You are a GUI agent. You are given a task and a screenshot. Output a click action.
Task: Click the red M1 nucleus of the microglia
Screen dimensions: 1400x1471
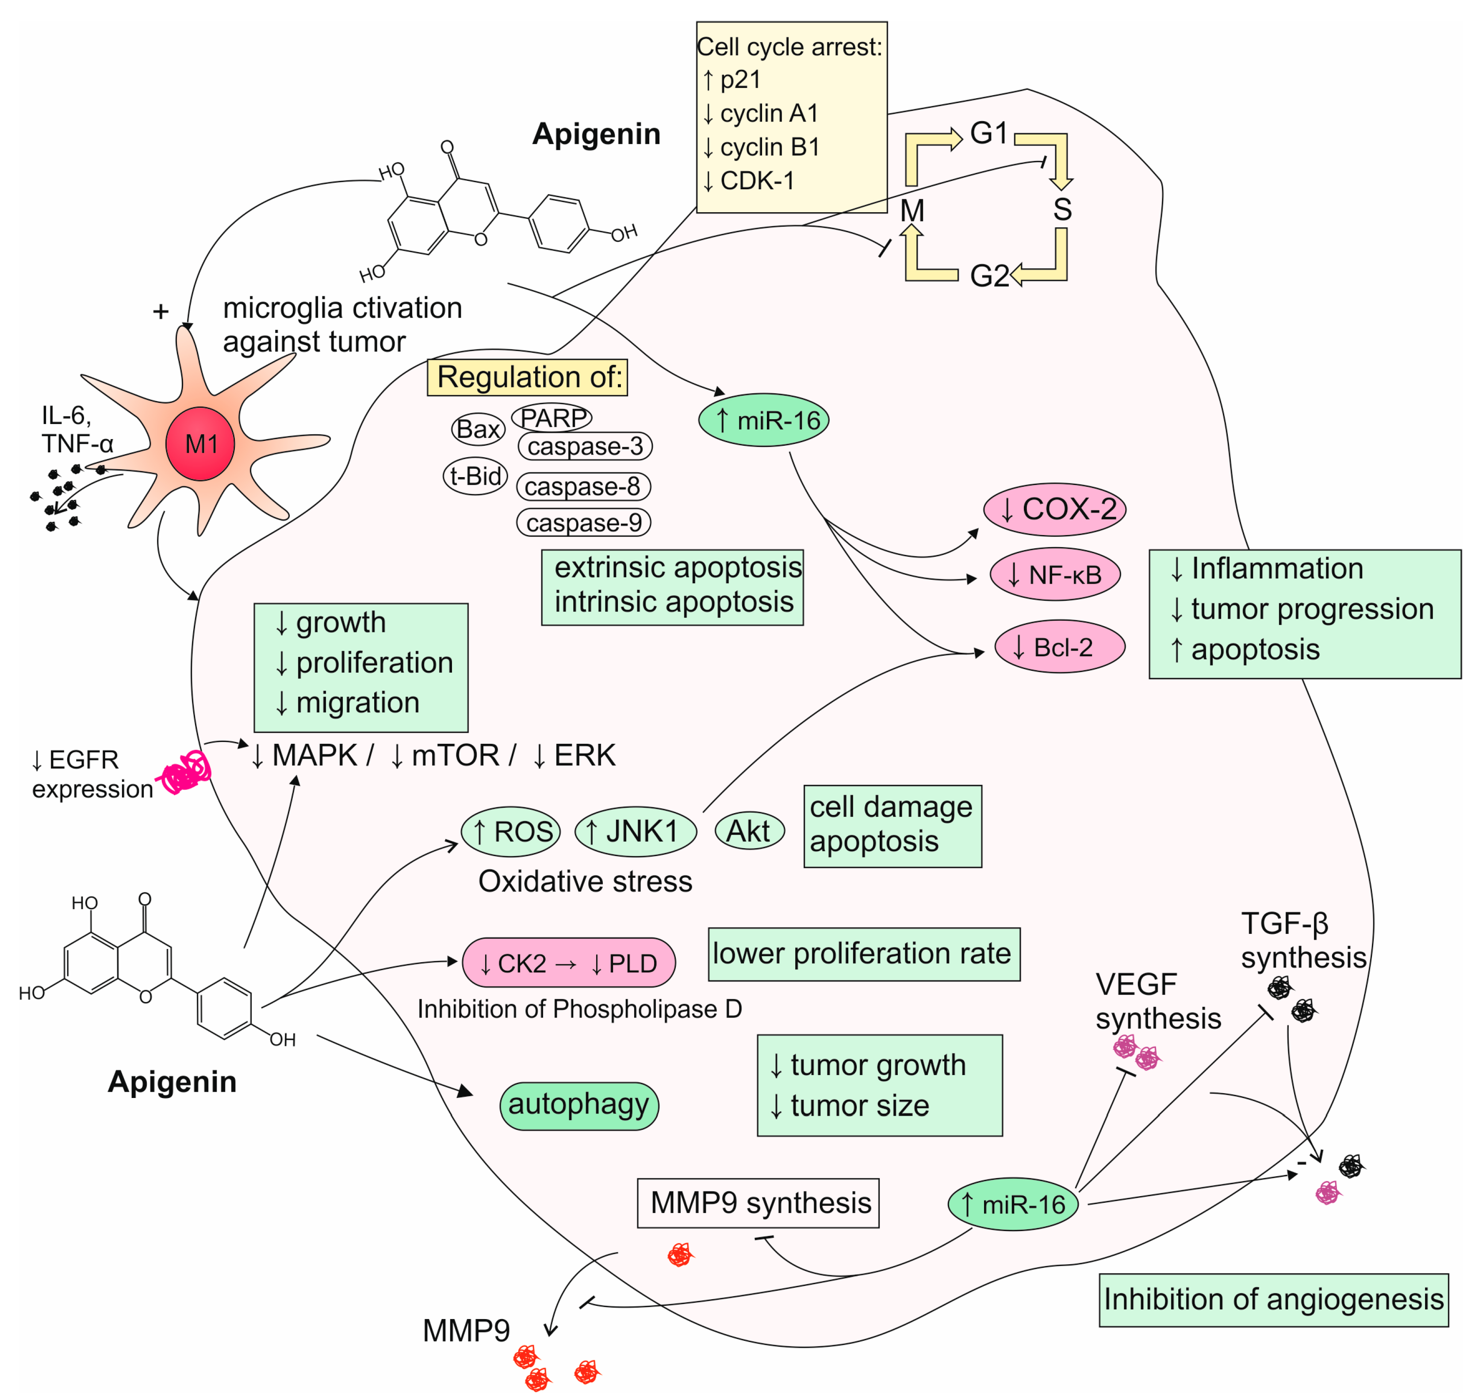(200, 444)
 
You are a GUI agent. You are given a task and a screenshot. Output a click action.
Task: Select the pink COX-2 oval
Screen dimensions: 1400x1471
(1054, 510)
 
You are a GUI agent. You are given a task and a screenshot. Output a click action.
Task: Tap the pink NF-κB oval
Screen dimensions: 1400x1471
(1054, 574)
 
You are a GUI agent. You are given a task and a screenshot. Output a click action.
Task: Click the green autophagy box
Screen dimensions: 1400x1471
(578, 1105)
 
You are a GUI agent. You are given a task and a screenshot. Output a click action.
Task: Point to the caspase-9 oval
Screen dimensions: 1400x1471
(584, 522)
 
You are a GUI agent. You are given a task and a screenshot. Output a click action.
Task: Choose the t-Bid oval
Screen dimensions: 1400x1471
(475, 476)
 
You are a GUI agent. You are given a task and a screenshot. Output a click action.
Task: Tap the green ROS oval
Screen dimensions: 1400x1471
(511, 831)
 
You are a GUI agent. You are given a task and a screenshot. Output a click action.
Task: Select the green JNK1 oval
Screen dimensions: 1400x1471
(635, 830)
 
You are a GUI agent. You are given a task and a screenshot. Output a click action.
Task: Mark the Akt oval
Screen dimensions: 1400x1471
(749, 830)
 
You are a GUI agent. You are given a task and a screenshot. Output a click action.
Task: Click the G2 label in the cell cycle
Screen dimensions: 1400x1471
(988, 276)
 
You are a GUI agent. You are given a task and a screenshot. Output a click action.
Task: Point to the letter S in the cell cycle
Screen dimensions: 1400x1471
(1062, 210)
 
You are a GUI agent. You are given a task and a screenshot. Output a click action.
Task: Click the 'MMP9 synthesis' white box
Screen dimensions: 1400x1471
(758, 1203)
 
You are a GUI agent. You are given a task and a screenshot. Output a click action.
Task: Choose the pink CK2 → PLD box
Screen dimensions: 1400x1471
(569, 963)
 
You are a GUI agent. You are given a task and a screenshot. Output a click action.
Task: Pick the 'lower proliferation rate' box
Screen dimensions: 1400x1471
(863, 954)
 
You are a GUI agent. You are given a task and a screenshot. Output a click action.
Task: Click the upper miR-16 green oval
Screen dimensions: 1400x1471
(763, 420)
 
